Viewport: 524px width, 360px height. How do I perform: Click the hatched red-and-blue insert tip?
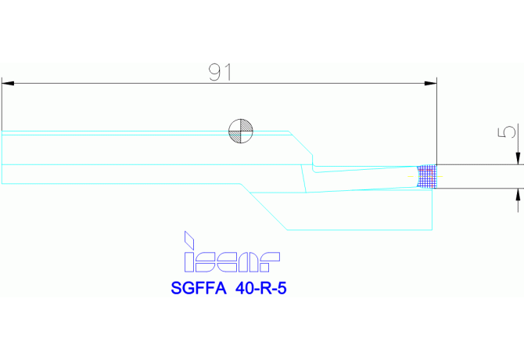click(x=427, y=177)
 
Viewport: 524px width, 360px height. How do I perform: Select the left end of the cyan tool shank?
click(x=3, y=157)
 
